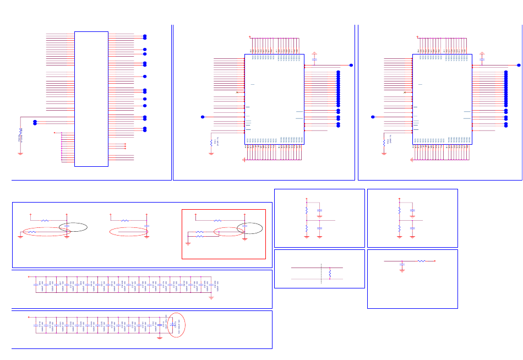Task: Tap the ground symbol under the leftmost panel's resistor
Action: (21, 152)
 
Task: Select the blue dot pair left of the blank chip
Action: (35, 122)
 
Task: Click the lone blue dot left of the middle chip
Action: (203, 117)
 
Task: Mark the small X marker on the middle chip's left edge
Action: (237, 92)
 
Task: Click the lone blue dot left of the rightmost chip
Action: (373, 117)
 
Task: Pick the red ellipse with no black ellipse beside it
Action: (129, 232)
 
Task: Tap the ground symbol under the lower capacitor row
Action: (159, 335)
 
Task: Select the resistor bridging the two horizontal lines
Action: (330, 273)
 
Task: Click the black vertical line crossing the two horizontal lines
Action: (321, 273)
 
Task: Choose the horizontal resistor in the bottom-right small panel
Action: (422, 261)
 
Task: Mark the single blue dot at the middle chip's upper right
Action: (351, 66)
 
